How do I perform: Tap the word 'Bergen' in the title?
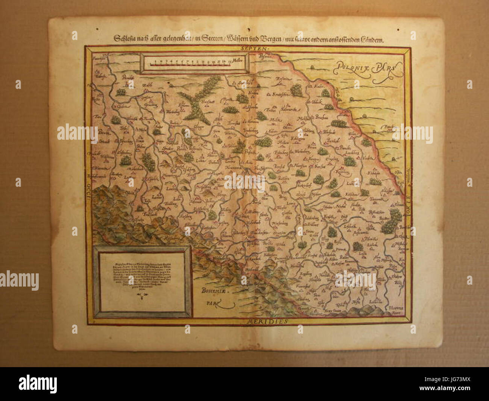[x=269, y=38]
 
